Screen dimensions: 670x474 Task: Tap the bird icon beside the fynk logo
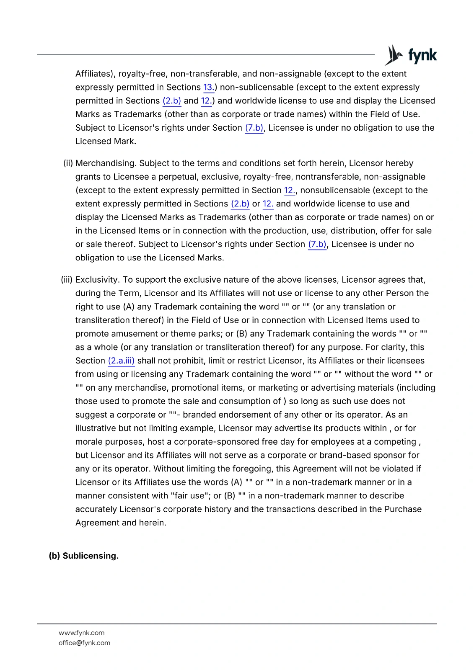point(394,55)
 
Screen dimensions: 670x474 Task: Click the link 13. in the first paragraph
point(208,87)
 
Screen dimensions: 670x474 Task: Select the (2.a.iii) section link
point(121,361)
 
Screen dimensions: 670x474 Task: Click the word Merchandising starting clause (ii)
point(106,163)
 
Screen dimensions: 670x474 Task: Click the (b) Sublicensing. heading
point(84,556)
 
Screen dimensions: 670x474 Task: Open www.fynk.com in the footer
point(81,633)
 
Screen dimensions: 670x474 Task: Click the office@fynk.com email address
point(84,643)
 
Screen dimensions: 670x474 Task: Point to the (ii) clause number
point(68,163)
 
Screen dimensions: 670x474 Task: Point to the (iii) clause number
point(67,279)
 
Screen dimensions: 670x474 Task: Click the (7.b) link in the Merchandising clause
point(317,244)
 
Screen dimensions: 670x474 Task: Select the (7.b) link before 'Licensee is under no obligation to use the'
point(254,128)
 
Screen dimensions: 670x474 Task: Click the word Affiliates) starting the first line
point(95,74)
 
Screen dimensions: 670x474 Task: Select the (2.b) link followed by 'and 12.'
point(172,100)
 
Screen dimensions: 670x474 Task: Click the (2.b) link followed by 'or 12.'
point(240,204)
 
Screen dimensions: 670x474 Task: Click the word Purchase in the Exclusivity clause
point(403,509)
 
